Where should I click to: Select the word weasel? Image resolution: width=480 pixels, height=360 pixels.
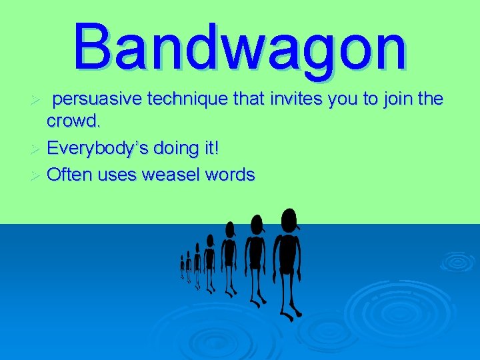pos(169,175)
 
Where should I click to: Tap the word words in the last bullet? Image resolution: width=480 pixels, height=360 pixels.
pos(230,175)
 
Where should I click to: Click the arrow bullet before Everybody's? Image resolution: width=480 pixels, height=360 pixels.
pos(37,149)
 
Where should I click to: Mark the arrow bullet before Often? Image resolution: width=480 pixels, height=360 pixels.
pos(37,175)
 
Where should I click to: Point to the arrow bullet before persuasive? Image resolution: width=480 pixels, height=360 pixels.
pos(37,100)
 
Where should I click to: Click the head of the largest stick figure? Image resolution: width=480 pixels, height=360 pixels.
pos(289,219)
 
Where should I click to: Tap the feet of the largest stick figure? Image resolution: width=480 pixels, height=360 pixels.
pos(289,313)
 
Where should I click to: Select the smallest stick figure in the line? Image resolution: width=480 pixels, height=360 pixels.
pos(182,267)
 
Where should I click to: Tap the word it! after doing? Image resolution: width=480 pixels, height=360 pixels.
pos(209,148)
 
